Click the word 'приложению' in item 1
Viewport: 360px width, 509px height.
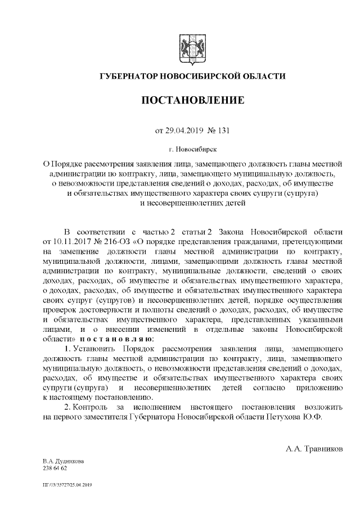[x=322, y=388]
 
